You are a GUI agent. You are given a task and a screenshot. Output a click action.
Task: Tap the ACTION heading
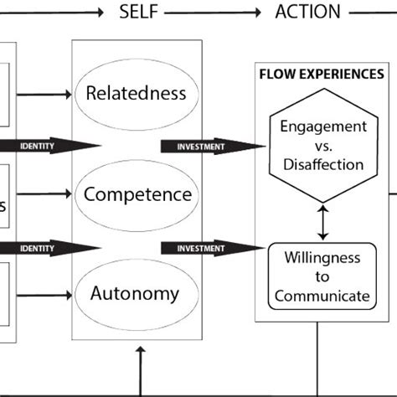(307, 12)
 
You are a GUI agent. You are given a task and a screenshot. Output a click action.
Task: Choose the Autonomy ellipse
(137, 294)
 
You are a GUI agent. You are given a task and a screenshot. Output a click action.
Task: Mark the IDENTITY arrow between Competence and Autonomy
(50, 248)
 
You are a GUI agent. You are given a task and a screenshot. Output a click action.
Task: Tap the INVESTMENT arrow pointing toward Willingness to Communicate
(206, 248)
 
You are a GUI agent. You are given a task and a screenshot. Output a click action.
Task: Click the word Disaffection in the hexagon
(322, 164)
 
